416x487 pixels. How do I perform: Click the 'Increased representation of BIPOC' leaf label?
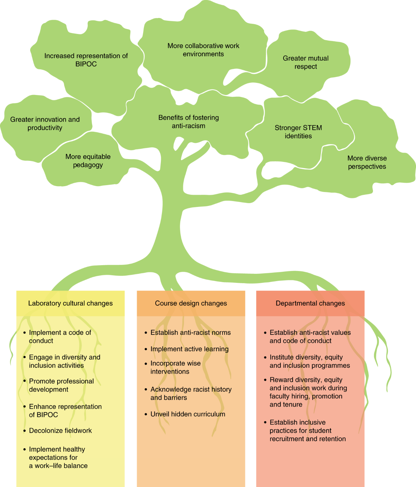86,60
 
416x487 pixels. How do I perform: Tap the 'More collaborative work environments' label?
203,50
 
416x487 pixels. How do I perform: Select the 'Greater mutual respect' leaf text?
306,62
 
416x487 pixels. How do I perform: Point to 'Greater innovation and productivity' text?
45,123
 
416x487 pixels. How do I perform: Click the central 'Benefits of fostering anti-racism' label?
189,122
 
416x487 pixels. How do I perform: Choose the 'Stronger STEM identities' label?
298,132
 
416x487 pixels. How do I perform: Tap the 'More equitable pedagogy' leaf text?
88,160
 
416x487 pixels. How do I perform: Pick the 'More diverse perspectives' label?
367,162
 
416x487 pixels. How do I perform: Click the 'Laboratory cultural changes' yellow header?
70,303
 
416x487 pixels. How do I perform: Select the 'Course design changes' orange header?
191,303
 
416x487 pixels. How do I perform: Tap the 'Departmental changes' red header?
310,303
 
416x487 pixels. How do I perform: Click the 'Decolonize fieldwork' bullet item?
60,431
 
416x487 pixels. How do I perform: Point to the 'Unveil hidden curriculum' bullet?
188,414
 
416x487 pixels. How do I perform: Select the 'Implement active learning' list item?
189,349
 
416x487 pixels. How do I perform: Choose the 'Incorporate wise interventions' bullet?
175,367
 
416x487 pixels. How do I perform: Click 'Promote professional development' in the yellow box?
61,385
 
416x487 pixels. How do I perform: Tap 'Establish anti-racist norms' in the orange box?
190,332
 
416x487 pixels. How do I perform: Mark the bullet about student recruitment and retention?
307,431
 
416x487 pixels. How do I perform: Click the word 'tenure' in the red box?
293,405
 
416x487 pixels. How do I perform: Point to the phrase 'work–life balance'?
61,466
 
